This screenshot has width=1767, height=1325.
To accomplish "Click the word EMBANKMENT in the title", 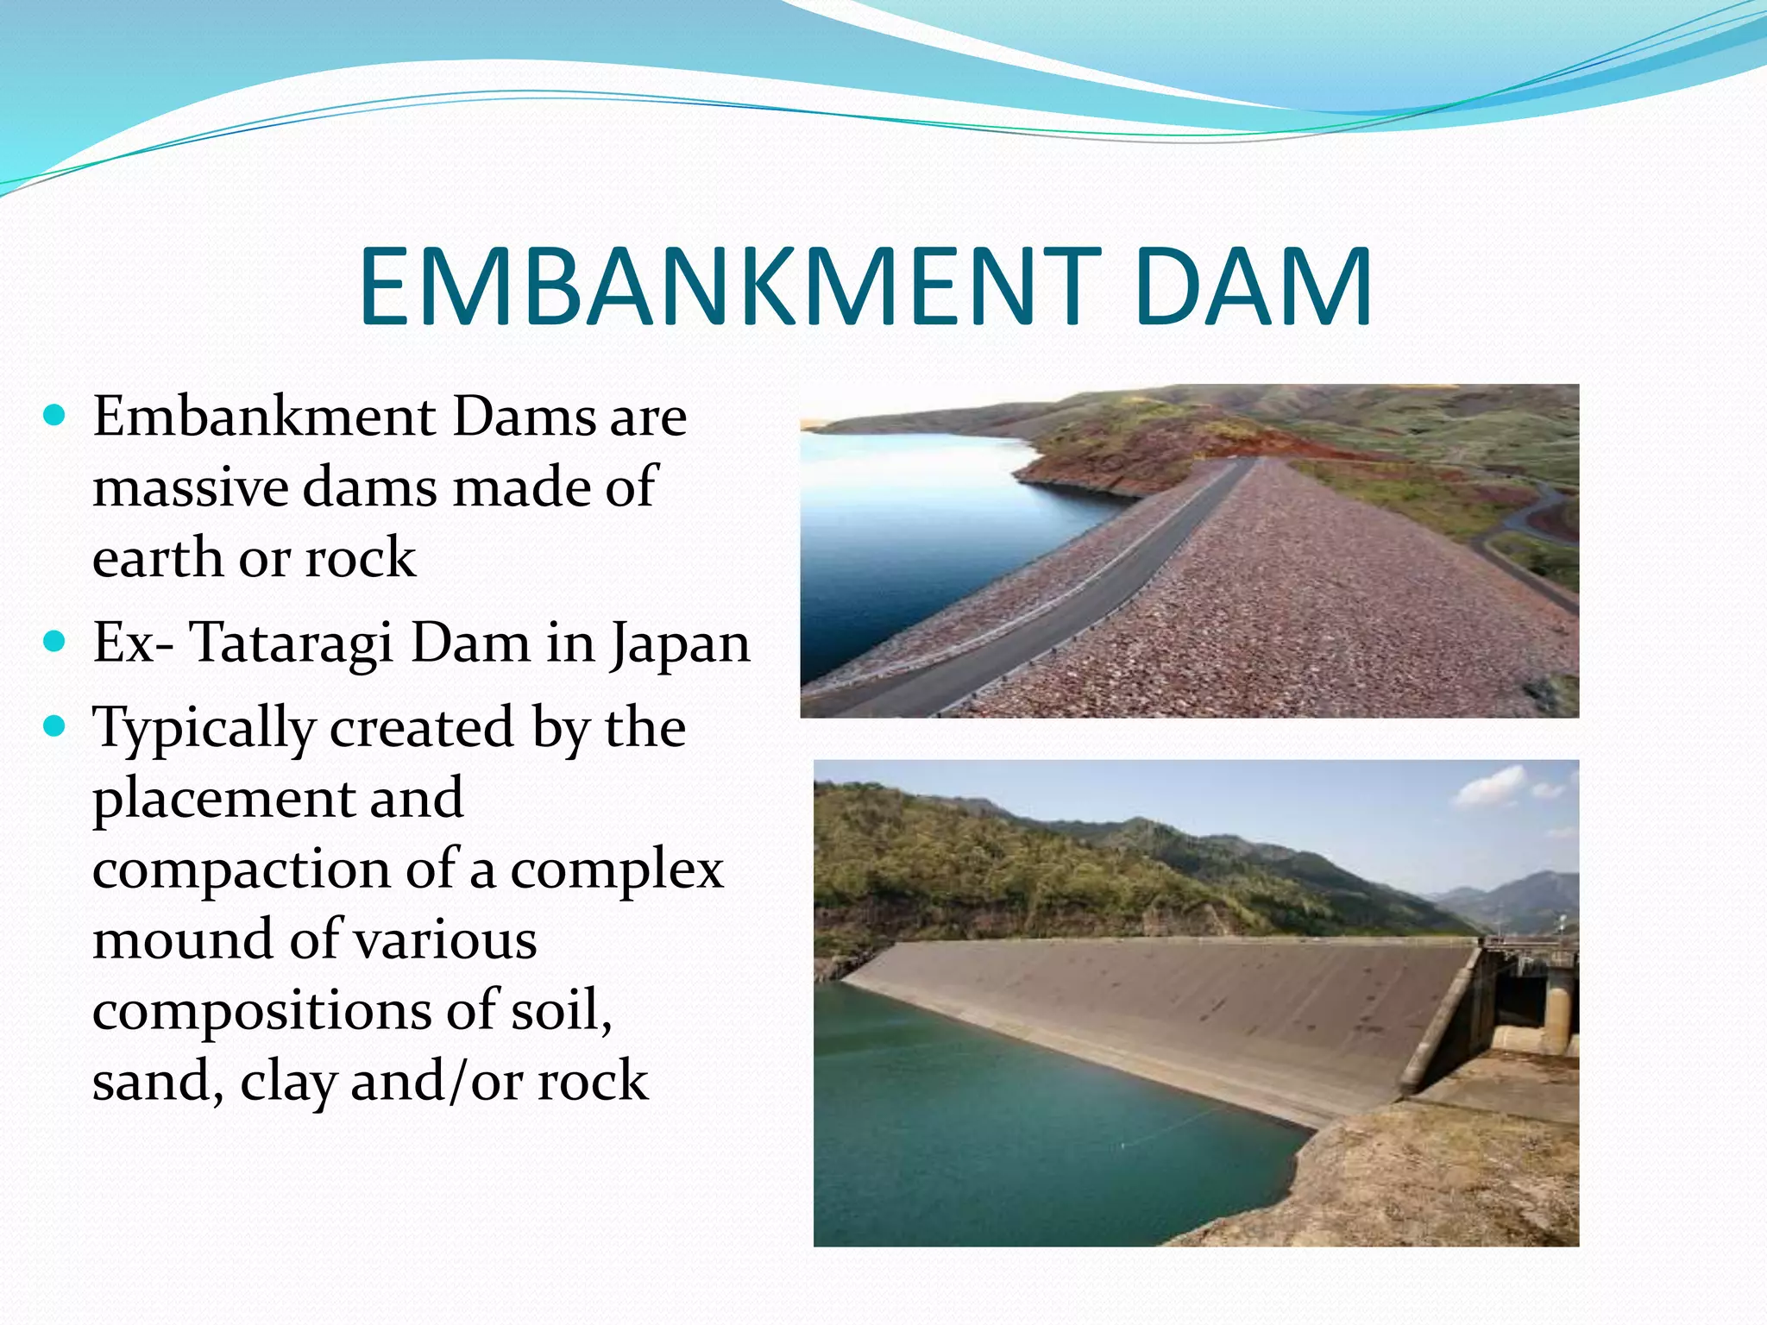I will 730,286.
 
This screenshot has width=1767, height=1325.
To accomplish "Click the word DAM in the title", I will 1253,286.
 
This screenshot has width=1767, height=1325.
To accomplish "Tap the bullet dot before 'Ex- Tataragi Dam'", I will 54,643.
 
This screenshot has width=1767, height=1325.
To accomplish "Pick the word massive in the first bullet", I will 191,487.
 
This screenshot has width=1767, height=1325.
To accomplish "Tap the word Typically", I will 204,730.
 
